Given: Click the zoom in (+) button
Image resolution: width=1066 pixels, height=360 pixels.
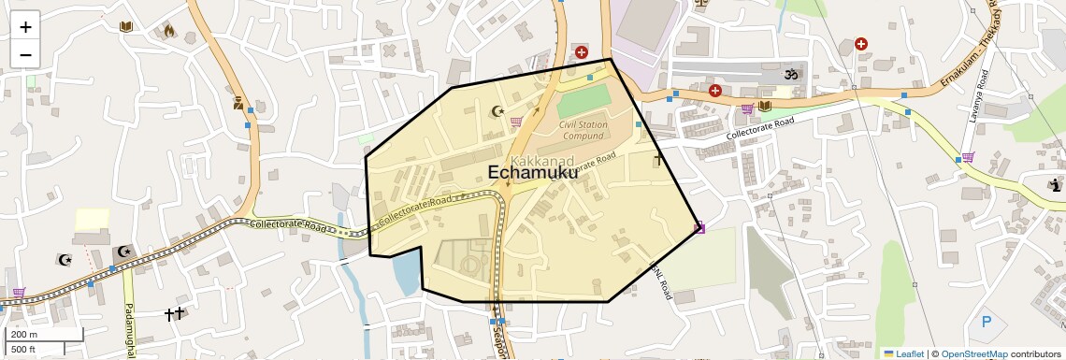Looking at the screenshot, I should (x=25, y=27).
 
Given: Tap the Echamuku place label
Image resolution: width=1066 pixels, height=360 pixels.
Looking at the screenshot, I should (x=533, y=172).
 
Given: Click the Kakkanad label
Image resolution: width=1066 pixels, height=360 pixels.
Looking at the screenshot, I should (x=542, y=161).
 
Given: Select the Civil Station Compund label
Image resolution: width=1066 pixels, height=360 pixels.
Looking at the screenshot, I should (x=583, y=130).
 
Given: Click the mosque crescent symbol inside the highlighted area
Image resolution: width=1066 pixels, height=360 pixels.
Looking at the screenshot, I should (x=497, y=112).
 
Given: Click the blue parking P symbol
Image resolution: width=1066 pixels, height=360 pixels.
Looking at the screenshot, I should (x=986, y=323).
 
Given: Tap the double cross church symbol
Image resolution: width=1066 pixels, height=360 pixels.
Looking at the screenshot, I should (x=174, y=314).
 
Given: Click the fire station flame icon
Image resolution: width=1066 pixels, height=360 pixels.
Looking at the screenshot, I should (x=169, y=30).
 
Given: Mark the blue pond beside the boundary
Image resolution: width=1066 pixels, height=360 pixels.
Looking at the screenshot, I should (x=407, y=272).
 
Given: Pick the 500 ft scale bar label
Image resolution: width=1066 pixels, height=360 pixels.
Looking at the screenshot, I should (x=23, y=349).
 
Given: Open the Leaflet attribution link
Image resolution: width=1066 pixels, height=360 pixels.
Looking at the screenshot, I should (x=903, y=353).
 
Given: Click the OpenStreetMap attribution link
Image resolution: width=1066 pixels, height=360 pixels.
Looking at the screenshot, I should (x=973, y=353).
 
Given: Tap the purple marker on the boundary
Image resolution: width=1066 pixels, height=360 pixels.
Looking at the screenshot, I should (x=699, y=226).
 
